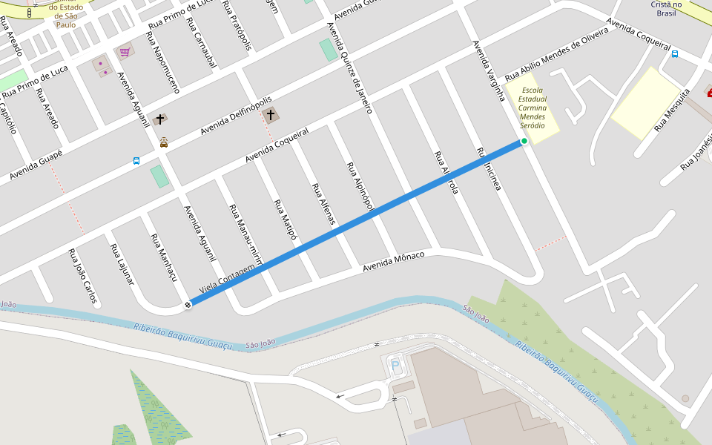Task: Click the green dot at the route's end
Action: pos(524,141)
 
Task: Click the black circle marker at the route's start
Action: pos(188,303)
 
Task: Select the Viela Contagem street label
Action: pos(232,280)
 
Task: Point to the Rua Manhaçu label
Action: pos(165,257)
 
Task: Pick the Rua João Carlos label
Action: pos(82,276)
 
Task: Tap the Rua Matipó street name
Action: pos(285,220)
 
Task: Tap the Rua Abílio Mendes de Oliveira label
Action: pos(556,57)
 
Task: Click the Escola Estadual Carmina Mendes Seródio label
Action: pos(532,108)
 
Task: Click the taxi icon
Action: pos(164,142)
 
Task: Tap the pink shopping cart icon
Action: pos(125,52)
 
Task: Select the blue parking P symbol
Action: pos(395,364)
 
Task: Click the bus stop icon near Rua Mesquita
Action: pos(675,53)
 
